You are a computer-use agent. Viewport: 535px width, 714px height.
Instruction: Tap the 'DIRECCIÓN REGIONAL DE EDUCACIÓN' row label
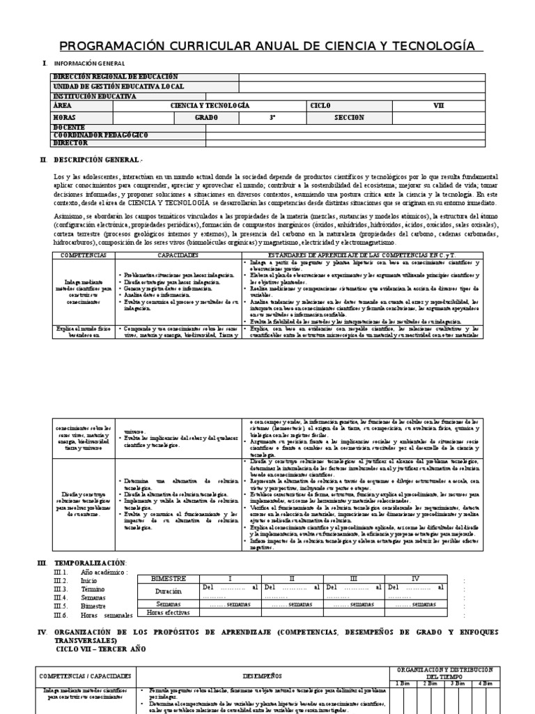116,77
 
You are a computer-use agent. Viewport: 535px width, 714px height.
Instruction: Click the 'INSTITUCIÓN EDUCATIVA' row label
95,96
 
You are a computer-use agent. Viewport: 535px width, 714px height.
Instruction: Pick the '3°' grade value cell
273,117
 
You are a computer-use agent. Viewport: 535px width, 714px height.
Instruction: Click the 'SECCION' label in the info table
349,117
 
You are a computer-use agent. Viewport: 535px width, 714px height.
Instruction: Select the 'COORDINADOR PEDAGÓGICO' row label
100,135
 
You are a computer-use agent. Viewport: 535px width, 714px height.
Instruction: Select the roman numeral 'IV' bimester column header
415,578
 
